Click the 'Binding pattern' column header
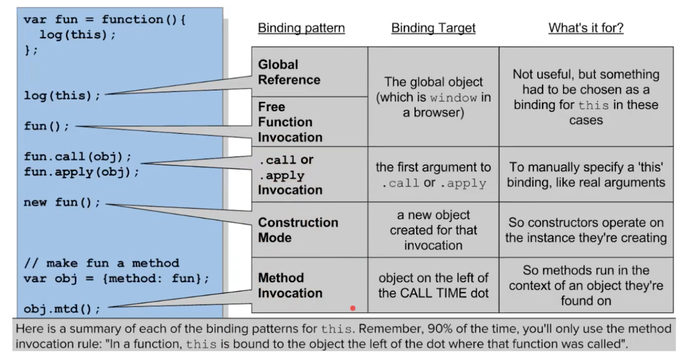pyautogui.click(x=301, y=28)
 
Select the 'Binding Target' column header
pyautogui.click(x=433, y=28)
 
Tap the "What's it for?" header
pyautogui.click(x=585, y=28)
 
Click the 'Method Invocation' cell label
pyautogui.click(x=290, y=285)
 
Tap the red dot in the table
pyautogui.click(x=353, y=308)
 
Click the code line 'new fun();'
pyautogui.click(x=62, y=202)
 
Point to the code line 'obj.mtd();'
pyautogui.click(x=62, y=308)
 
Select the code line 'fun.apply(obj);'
pyautogui.click(x=82, y=172)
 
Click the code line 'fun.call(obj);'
pyautogui.click(x=78, y=157)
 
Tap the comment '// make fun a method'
pyautogui.click(x=101, y=263)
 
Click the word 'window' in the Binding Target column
pyautogui.click(x=453, y=98)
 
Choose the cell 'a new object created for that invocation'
pyautogui.click(x=433, y=230)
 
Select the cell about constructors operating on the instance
pyautogui.click(x=586, y=230)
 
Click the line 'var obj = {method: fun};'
pyautogui.click(x=117, y=278)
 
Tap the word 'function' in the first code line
pyautogui.click(x=132, y=19)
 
